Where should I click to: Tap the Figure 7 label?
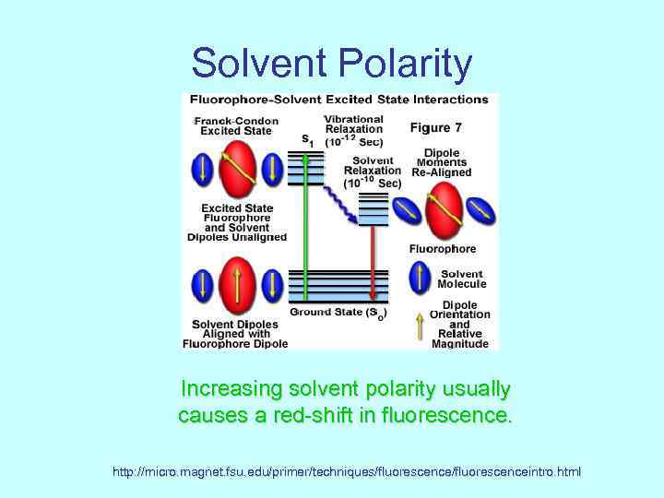tap(442, 126)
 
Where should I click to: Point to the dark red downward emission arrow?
tap(373, 263)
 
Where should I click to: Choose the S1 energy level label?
tap(308, 141)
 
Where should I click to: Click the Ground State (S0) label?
tap(338, 313)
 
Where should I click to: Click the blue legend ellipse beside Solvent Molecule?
tap(420, 278)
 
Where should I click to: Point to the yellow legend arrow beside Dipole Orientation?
tap(420, 324)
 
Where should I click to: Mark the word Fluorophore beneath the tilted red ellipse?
tap(443, 248)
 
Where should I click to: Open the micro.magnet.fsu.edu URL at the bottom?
tap(347, 472)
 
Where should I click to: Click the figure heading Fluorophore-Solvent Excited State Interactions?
tap(338, 100)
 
